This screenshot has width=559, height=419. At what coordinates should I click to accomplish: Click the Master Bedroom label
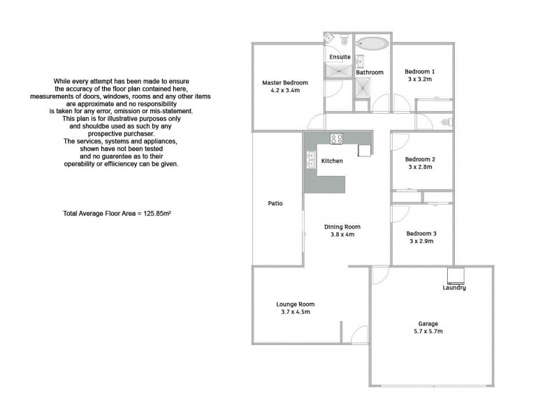click(286, 82)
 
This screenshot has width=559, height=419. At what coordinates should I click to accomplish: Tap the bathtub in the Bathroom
click(371, 44)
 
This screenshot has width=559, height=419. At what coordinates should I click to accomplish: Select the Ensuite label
click(340, 56)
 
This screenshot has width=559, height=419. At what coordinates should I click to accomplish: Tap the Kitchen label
click(332, 161)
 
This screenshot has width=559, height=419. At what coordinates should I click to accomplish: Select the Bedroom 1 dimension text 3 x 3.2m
click(420, 80)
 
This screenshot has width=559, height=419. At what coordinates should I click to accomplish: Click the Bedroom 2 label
click(421, 159)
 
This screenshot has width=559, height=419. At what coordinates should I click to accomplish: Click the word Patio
click(275, 205)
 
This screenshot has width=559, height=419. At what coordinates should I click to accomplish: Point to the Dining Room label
click(342, 226)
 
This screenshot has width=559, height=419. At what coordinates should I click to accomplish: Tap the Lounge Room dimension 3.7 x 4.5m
click(296, 312)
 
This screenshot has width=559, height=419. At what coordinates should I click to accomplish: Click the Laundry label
click(454, 288)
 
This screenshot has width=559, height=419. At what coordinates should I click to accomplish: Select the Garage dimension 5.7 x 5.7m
click(428, 332)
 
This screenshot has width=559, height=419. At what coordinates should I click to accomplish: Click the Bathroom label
click(370, 72)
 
